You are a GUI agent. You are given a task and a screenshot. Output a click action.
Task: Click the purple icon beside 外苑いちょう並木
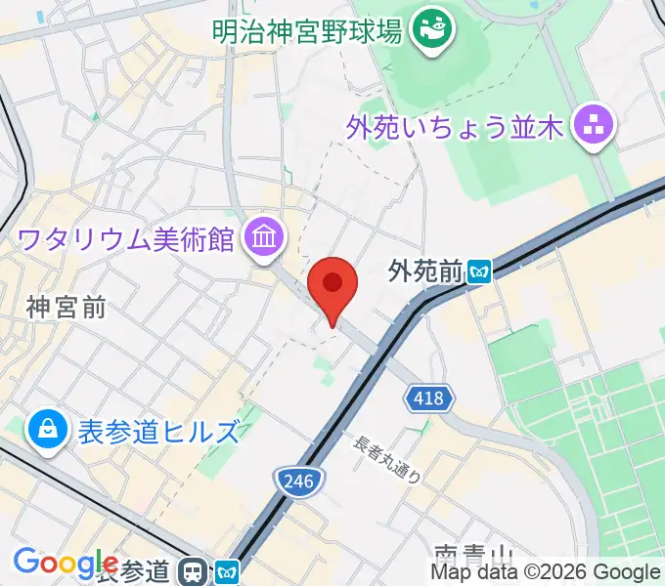point(593,126)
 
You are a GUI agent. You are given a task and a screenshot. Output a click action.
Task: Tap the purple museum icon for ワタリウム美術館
point(264,236)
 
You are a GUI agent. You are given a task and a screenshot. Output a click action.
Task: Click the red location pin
point(332,286)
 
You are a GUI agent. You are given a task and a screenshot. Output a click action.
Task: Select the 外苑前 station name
point(424,271)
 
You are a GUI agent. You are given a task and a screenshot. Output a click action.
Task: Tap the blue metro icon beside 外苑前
point(479,270)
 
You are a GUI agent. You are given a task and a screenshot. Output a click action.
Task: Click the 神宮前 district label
point(66,309)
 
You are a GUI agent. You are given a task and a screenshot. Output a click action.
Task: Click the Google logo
point(65,564)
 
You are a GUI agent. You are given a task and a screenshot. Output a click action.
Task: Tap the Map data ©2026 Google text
point(546,572)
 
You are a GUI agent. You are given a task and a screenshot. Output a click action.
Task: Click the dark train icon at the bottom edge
point(197,572)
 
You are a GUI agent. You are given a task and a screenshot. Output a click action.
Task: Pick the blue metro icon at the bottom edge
point(228,572)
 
